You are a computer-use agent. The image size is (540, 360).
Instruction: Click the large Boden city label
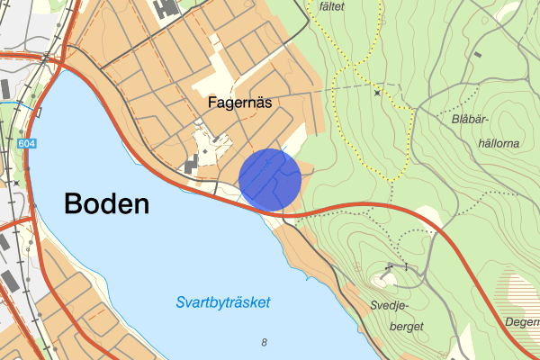pyautogui.click(x=106, y=204)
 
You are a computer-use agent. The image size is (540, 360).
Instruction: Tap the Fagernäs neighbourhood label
pyautogui.click(x=239, y=103)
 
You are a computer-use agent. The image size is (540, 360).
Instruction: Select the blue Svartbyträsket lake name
pyautogui.click(x=224, y=302)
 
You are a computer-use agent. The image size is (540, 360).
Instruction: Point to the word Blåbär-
pyautogui.click(x=471, y=119)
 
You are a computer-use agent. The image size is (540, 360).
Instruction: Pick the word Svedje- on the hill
pyautogui.click(x=390, y=305)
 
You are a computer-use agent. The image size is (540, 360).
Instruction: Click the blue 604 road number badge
pyautogui.click(x=26, y=143)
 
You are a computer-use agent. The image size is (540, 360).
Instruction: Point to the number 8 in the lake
pyautogui.click(x=264, y=342)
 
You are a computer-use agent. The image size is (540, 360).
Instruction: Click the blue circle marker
pyautogui.click(x=269, y=180)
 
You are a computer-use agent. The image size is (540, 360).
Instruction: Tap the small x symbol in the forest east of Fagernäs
pyautogui.click(x=376, y=92)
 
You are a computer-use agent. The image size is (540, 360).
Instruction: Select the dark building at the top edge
pyautogui.click(x=166, y=8)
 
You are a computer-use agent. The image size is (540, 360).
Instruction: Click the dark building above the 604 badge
pyautogui.click(x=5, y=89)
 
